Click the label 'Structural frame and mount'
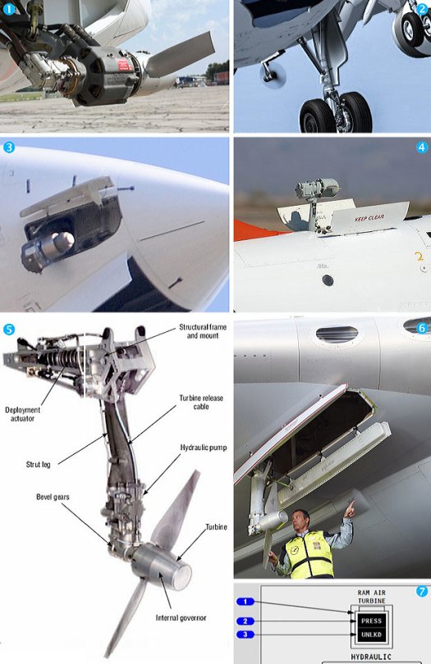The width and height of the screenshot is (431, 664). [200, 331]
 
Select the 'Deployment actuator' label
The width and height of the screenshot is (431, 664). [22, 415]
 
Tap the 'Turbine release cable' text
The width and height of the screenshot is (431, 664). [201, 403]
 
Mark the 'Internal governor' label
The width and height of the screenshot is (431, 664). [180, 617]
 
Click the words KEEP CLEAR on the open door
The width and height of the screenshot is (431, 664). [370, 218]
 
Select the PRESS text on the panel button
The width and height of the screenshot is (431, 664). [371, 621]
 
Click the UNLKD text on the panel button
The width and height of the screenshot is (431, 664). [371, 634]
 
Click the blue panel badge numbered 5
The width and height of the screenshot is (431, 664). [9, 329]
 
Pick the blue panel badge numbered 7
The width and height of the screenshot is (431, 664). [422, 590]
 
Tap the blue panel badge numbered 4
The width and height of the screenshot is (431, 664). [422, 148]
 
